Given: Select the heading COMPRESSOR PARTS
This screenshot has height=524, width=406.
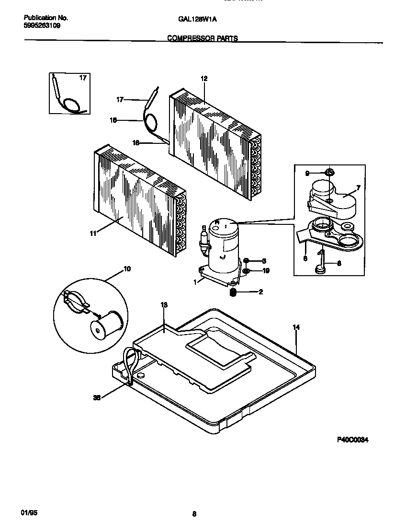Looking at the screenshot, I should (x=203, y=38).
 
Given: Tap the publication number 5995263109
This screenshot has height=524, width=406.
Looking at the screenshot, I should (x=42, y=25).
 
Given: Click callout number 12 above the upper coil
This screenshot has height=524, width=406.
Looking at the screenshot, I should (x=203, y=78).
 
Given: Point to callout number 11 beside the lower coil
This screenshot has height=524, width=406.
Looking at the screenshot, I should (x=93, y=233).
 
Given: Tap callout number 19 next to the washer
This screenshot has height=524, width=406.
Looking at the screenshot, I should (x=266, y=270).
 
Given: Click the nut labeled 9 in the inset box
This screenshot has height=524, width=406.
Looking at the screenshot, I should (x=329, y=172).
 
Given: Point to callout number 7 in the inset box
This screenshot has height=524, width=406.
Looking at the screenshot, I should (x=358, y=187).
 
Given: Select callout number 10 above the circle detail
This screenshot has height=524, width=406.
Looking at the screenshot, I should (x=127, y=269).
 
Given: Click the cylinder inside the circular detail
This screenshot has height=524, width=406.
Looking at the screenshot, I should (x=107, y=326).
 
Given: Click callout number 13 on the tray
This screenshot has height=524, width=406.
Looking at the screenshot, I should (x=164, y=305).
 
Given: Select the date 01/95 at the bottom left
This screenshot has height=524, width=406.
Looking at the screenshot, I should (x=29, y=512).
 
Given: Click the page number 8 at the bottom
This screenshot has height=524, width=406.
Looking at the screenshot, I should (x=194, y=514).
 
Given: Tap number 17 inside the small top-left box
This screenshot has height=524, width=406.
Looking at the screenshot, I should (x=83, y=78).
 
